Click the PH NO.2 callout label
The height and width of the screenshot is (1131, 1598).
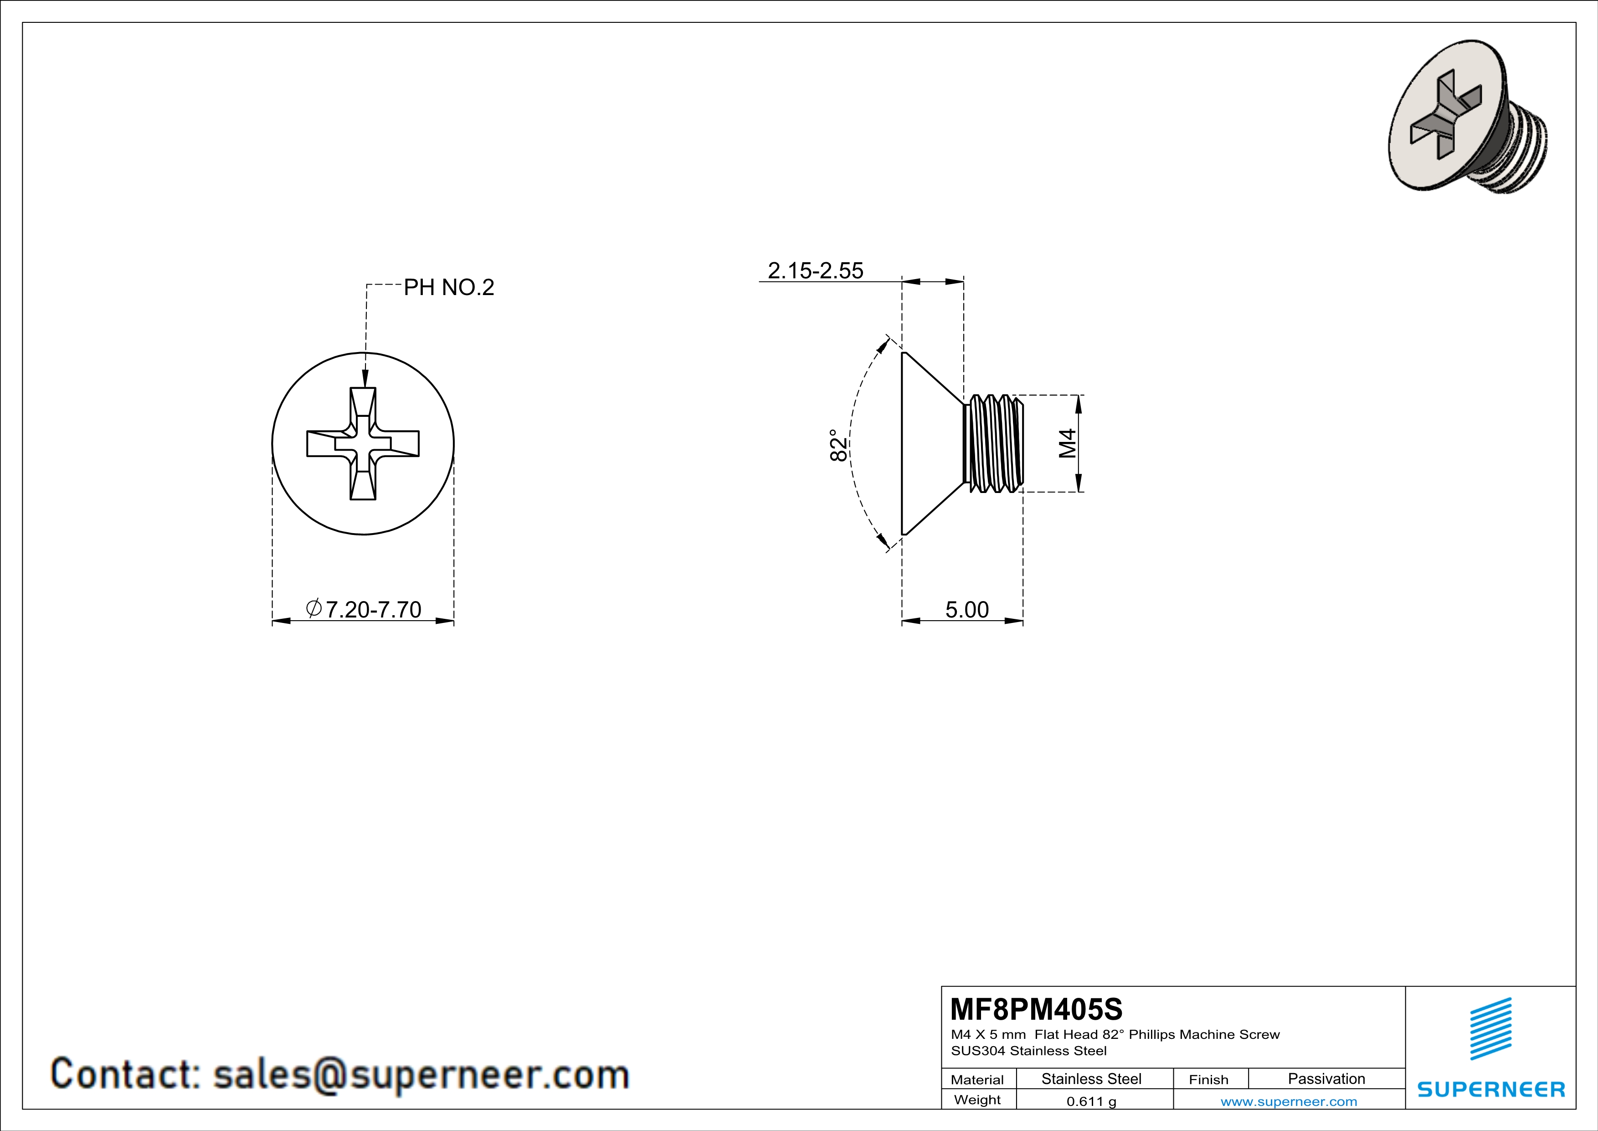tap(448, 287)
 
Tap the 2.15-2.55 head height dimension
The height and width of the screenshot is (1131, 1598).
tap(815, 270)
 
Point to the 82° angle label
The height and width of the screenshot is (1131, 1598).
tap(839, 445)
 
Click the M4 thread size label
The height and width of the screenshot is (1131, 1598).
tap(1068, 444)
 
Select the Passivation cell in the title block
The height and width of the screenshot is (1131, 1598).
tap(1326, 1079)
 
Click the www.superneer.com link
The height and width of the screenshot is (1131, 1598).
tap(1288, 1101)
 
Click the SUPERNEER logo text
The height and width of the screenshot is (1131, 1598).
tap(1491, 1089)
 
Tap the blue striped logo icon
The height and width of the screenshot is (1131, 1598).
tap(1491, 1029)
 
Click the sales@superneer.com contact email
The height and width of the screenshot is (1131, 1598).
tap(421, 1074)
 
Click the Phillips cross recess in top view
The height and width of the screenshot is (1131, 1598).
tap(363, 444)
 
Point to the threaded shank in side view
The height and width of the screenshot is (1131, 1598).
tap(994, 444)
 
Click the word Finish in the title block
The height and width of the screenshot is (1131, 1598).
tap(1208, 1079)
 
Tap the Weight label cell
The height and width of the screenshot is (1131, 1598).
tap(977, 1100)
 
